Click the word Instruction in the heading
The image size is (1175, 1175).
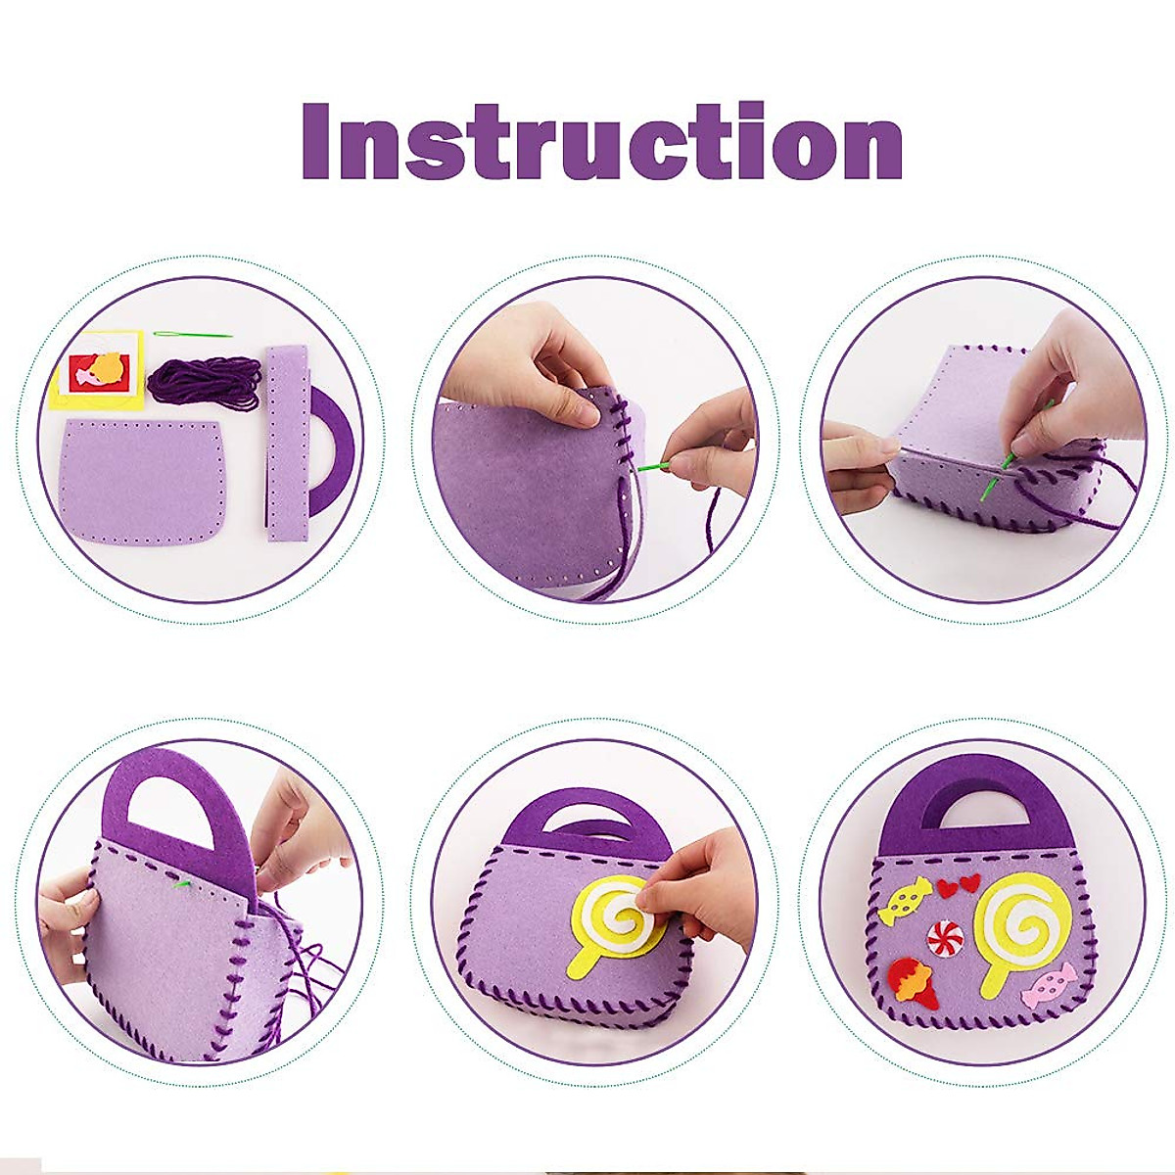click(x=601, y=144)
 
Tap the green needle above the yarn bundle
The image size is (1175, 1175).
click(x=192, y=335)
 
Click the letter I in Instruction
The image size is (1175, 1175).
click(x=315, y=144)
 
